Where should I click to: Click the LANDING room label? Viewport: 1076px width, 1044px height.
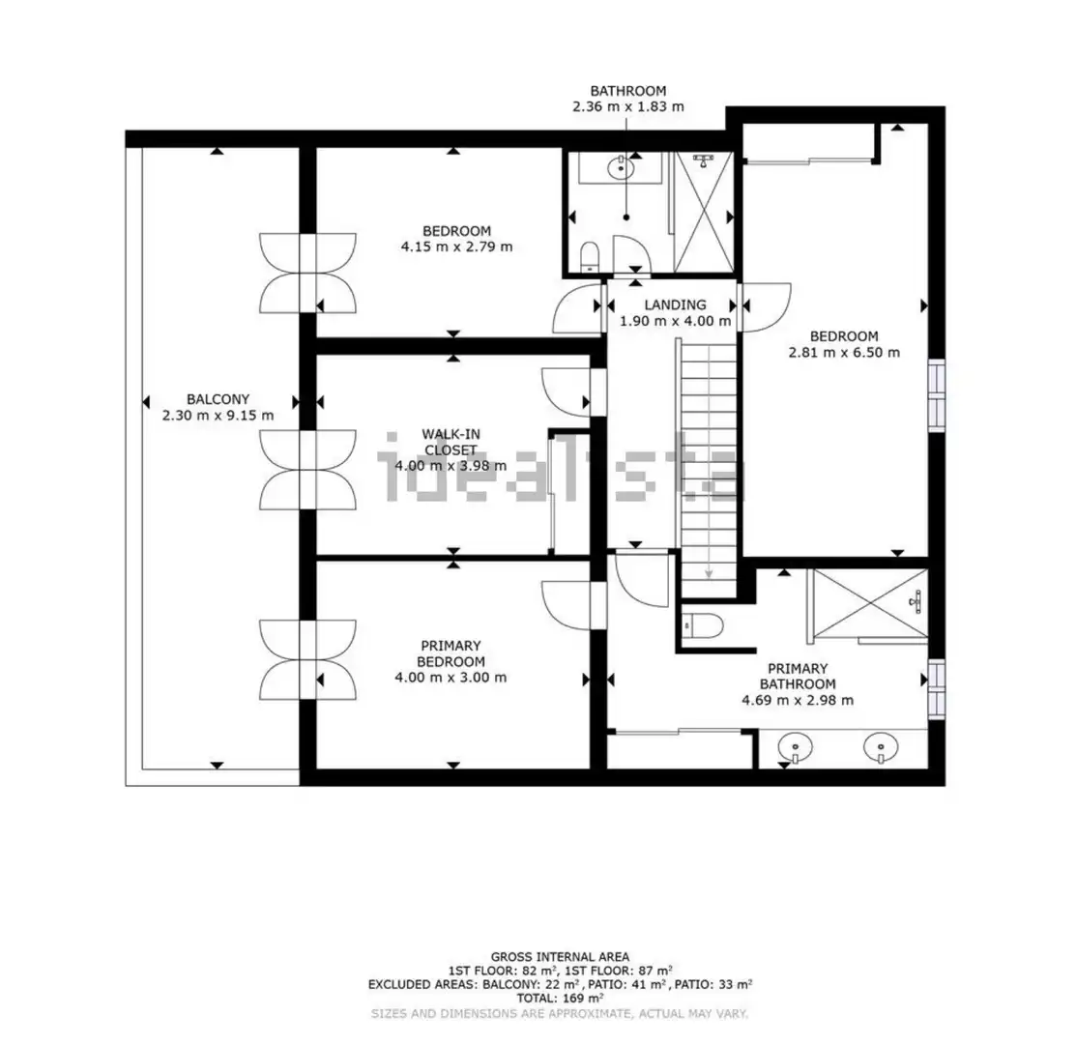[675, 304]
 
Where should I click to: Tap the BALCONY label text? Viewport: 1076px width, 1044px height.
[218, 399]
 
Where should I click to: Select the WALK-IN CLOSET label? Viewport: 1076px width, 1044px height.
[451, 442]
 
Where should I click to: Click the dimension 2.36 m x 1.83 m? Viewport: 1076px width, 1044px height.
[627, 107]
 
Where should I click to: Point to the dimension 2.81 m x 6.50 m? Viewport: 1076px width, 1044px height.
[843, 353]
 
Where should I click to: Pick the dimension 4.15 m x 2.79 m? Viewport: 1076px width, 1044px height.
[456, 246]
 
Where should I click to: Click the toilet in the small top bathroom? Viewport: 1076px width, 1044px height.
[590, 255]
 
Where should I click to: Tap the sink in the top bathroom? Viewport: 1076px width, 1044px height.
[621, 167]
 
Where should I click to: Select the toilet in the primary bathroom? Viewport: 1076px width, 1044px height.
[704, 624]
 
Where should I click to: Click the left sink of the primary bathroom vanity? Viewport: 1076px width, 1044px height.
[796, 745]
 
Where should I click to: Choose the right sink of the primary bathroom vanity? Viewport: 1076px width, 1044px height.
[881, 745]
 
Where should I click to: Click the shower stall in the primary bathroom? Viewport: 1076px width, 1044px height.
[868, 603]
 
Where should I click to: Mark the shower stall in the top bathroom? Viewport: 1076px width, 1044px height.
[702, 212]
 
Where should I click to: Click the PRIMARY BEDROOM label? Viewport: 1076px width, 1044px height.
[451, 653]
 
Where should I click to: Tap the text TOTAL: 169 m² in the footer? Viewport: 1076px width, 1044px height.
[560, 998]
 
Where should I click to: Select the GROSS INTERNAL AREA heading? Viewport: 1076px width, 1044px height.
[560, 957]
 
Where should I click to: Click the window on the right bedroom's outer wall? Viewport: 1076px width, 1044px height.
[937, 395]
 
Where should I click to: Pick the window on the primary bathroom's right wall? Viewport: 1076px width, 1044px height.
[937, 688]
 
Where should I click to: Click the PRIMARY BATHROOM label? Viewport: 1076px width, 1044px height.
[798, 677]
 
